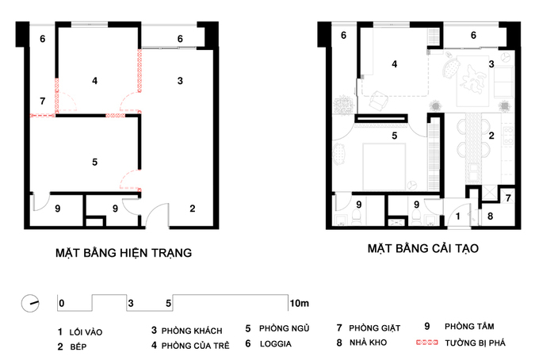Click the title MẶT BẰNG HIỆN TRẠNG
coord(124,253)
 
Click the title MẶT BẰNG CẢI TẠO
coord(423,248)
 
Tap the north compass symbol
coord(30,303)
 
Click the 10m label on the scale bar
coord(300,303)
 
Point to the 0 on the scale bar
coord(62,303)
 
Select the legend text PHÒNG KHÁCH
coord(192,331)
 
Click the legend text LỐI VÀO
coord(86,332)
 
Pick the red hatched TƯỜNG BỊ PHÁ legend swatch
coord(427,343)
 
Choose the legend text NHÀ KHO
coord(368,343)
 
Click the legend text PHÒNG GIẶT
coord(375,328)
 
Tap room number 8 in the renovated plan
coord(490,216)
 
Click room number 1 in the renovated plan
coord(458,216)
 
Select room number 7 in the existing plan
coord(42,101)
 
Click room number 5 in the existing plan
coord(95,162)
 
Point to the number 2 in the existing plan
coord(193,208)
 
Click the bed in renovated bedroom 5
coord(384,167)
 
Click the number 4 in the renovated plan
coord(394,64)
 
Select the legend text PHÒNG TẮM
coord(469,327)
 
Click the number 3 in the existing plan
coord(180,81)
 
